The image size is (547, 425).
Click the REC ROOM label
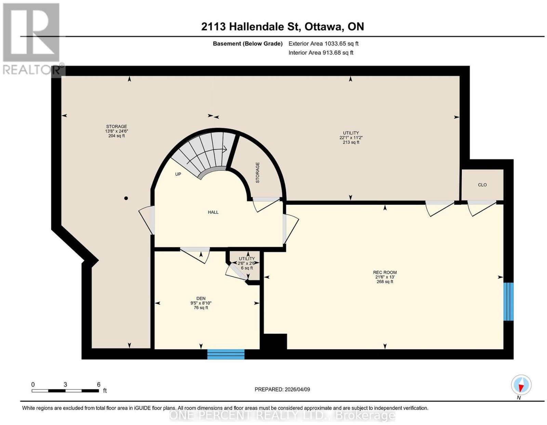coord(384,272)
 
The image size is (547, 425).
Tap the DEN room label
coord(201,298)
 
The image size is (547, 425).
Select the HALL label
coord(213,212)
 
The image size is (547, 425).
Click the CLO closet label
coord(482,185)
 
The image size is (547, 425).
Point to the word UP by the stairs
coord(178,174)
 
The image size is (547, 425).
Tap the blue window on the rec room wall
coord(508,302)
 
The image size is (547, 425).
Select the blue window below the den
coord(226,354)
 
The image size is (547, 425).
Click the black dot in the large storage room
coord(126,198)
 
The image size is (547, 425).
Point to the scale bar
coord(65,391)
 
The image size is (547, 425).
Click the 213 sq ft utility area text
coord(351,142)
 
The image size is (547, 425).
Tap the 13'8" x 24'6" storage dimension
coord(117,131)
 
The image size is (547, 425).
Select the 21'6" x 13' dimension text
coord(384,277)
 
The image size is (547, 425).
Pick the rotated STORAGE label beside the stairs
coord(257,173)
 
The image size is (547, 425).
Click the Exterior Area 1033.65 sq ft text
coord(323,43)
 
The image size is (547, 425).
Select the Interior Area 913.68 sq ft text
coord(321,53)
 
